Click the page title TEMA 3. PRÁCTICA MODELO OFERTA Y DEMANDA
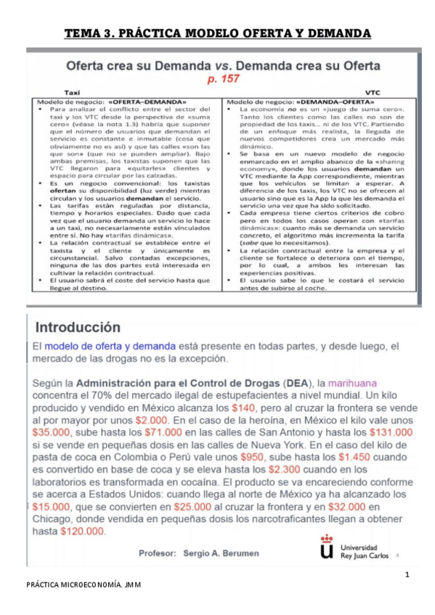pyautogui.click(x=217, y=33)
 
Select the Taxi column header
pyautogui.click(x=73, y=93)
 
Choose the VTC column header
pyautogui.click(x=373, y=93)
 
